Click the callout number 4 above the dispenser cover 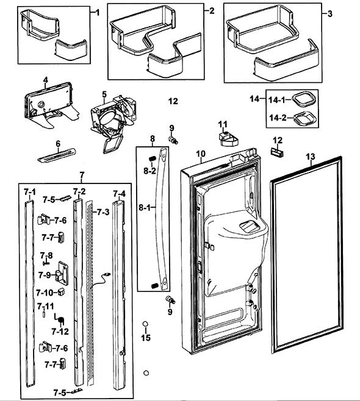click(45, 80)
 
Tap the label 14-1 click(276, 100)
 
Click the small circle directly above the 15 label click(146, 324)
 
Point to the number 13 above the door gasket click(311, 157)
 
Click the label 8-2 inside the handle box click(149, 171)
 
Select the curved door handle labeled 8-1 click(163, 218)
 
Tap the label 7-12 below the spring click(60, 332)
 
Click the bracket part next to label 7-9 click(62, 273)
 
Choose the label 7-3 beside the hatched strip click(103, 212)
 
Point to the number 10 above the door click(201, 154)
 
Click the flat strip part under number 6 click(57, 155)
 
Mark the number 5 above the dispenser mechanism click(104, 94)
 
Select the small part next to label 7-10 click(61, 292)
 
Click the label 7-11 click(46, 306)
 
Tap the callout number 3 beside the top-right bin click(330, 14)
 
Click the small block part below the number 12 click(277, 152)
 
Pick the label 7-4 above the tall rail click(120, 194)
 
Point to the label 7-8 click(46, 255)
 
